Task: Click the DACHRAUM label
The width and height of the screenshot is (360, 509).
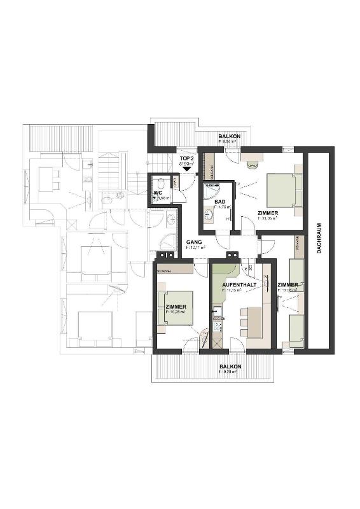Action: point(319,239)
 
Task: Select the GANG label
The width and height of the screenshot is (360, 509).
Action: point(193,242)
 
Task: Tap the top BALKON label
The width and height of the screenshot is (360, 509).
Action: point(229,137)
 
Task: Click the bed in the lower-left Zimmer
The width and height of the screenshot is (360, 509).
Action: point(177,308)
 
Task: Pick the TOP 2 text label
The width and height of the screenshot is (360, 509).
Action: point(186,158)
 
